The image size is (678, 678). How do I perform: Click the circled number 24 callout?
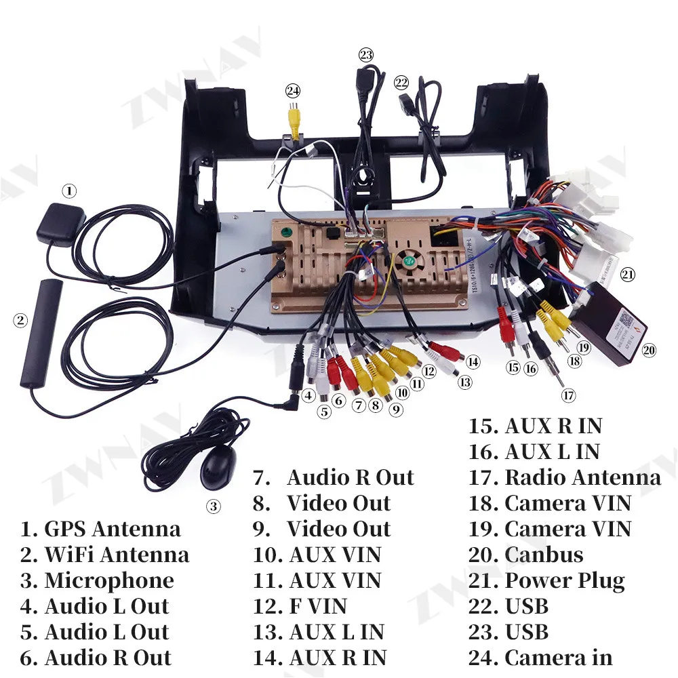click(x=293, y=90)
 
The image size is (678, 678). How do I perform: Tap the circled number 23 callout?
click(x=366, y=55)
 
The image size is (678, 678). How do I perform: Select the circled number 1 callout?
click(x=69, y=191)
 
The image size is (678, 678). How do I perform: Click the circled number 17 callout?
click(x=568, y=394)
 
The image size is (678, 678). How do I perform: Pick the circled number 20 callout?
click(x=649, y=350)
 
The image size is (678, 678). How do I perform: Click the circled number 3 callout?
click(x=213, y=506)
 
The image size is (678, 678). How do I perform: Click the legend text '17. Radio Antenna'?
click(x=564, y=477)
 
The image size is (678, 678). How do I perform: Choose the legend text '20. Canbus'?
click(x=525, y=555)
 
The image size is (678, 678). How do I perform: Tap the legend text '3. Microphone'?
click(x=97, y=580)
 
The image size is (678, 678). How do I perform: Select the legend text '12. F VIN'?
click(x=300, y=606)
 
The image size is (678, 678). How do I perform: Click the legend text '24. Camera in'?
click(x=540, y=658)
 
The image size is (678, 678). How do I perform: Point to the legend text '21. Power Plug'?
click(x=546, y=580)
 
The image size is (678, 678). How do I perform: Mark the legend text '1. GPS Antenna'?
click(x=100, y=529)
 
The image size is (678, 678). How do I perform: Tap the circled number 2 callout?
click(x=20, y=320)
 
